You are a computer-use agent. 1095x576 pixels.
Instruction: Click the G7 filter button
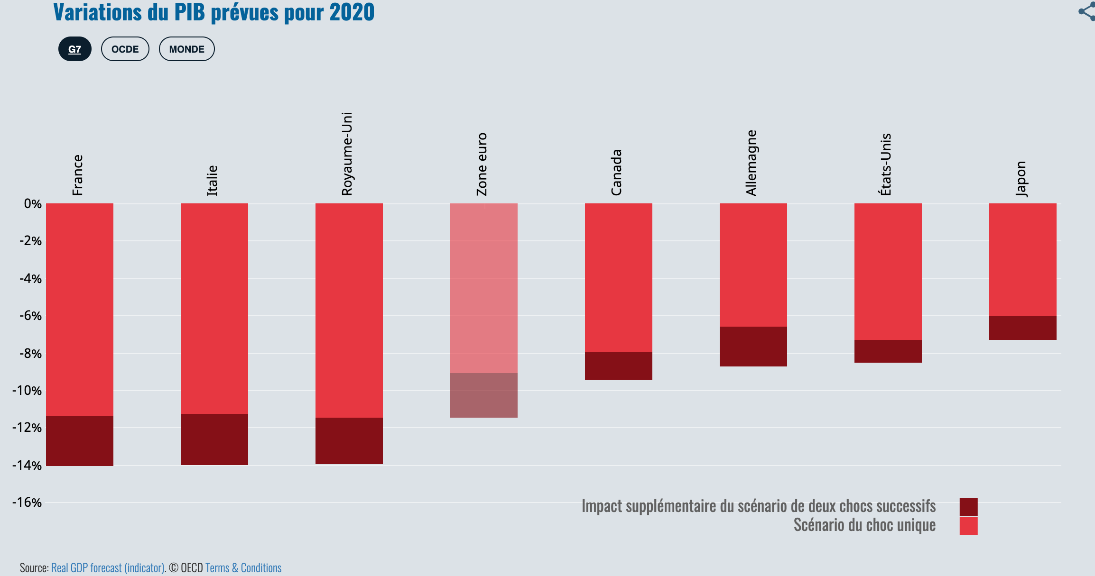coord(75,49)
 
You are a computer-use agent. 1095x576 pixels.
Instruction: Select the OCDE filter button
coord(125,49)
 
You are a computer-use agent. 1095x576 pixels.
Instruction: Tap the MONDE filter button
coord(186,49)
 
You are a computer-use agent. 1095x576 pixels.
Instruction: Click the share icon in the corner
coord(1087,11)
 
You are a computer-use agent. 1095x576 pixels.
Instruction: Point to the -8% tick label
coord(30,353)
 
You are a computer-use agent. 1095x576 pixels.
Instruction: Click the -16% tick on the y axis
coord(28,503)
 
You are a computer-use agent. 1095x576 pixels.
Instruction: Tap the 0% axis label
coord(33,204)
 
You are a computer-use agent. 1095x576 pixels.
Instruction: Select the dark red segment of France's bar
coord(80,440)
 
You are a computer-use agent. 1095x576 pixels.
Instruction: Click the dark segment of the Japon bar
coord(1022,328)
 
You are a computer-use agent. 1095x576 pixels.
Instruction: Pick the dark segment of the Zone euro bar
coord(483,395)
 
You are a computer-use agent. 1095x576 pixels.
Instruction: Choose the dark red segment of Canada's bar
coord(618,366)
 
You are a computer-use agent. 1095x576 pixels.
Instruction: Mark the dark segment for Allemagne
coord(753,346)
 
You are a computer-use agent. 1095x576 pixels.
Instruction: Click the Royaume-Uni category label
coord(347,154)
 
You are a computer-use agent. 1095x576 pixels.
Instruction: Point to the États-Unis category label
coord(885,165)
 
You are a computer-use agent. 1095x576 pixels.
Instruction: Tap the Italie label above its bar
coord(212,181)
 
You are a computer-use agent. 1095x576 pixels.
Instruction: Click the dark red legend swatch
coord(968,506)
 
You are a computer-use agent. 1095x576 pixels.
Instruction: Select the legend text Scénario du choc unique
coord(864,525)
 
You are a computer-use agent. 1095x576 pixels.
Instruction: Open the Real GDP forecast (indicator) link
coord(108,567)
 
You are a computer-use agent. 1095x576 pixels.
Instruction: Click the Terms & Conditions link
coord(243,567)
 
